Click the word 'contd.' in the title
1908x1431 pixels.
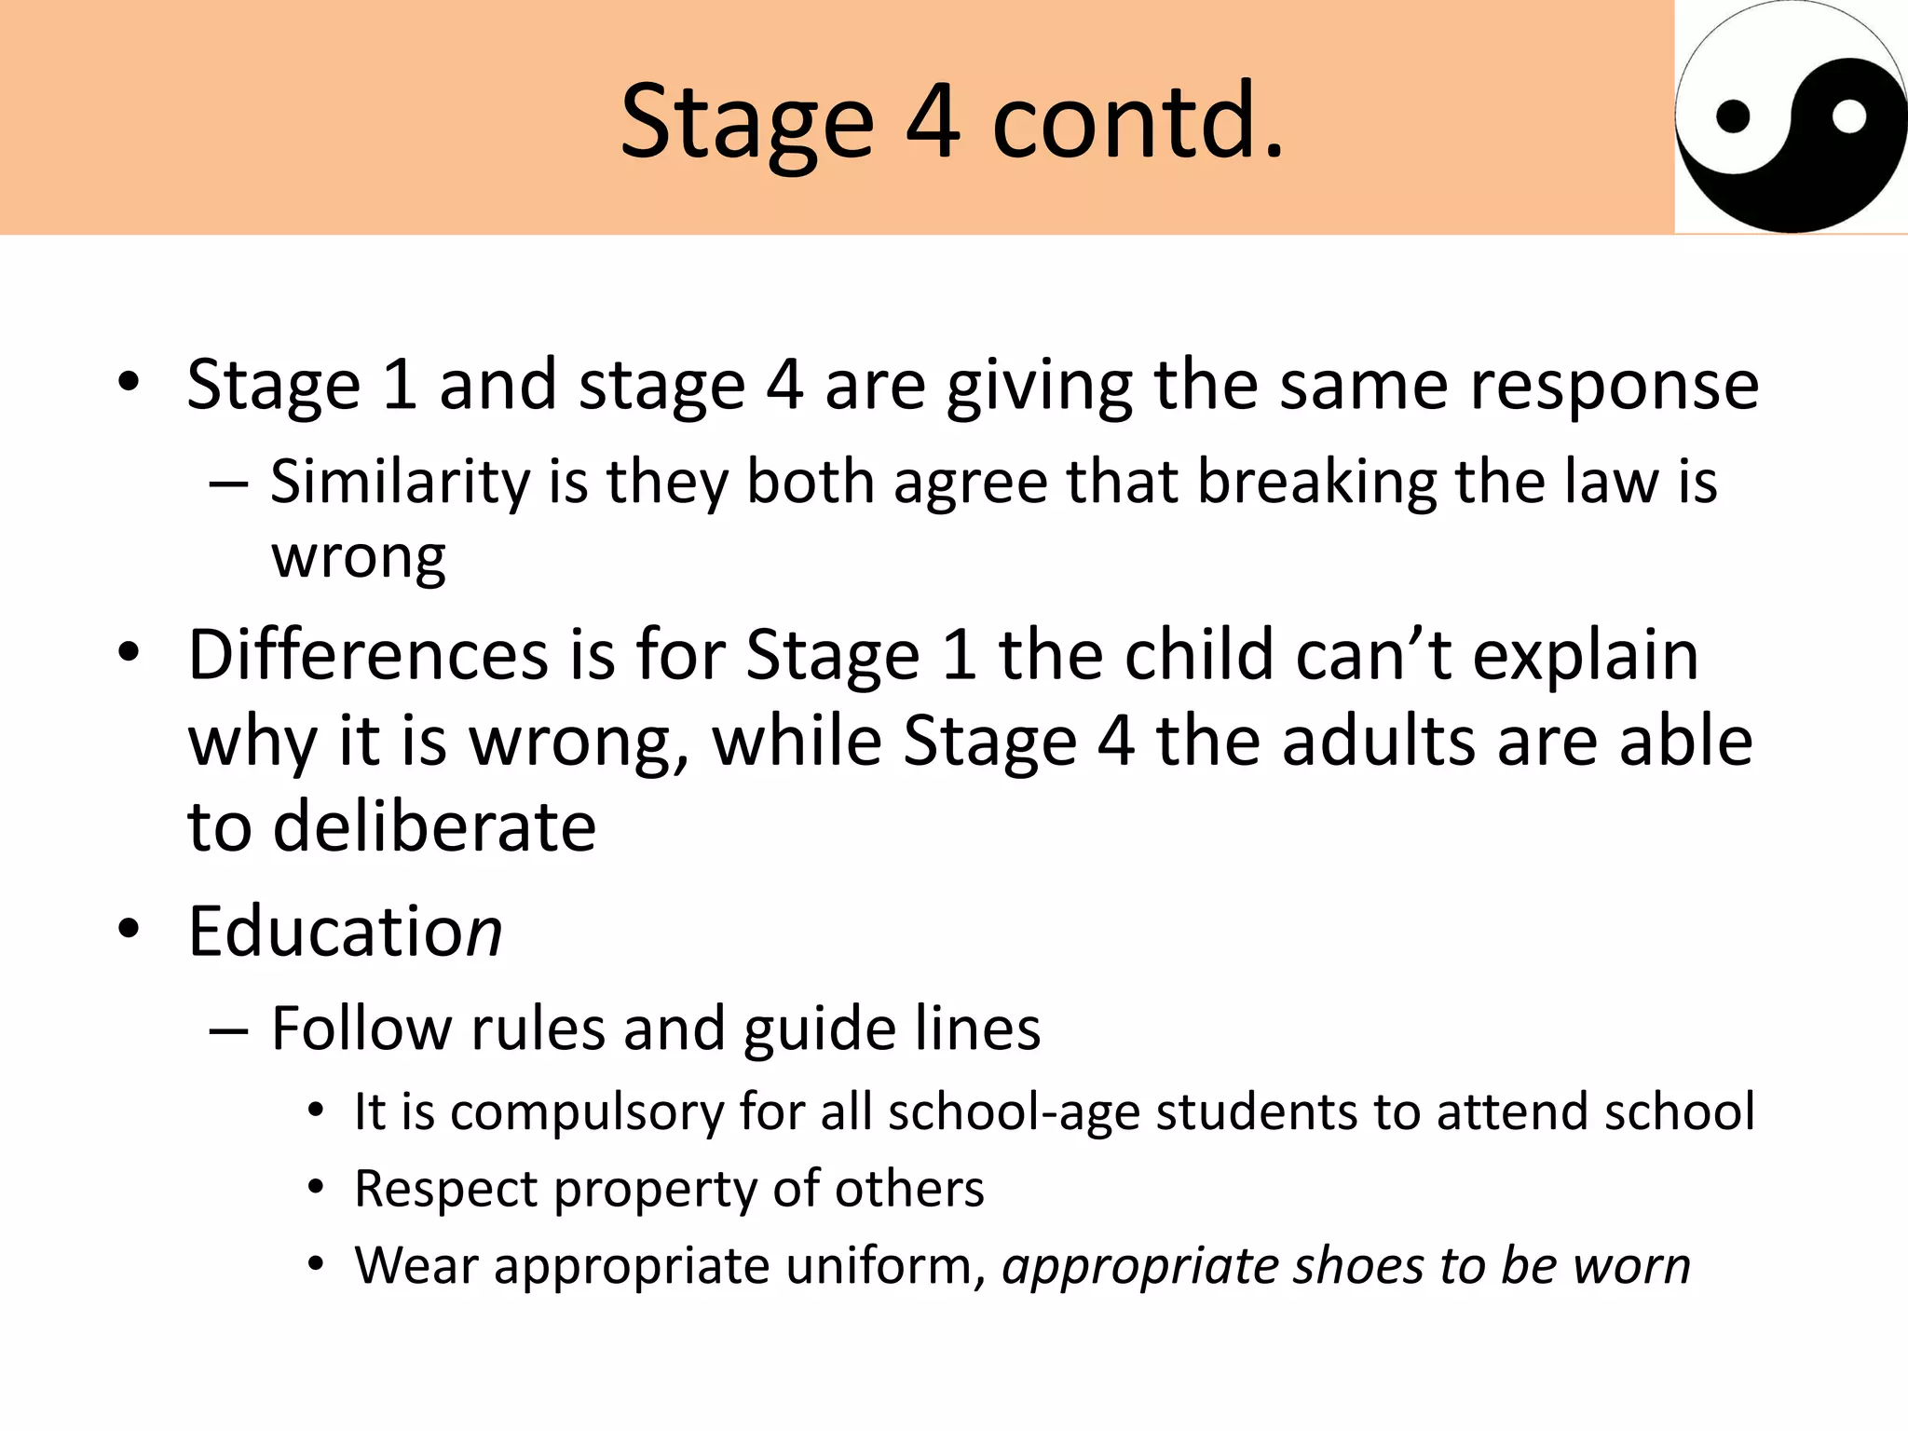pyautogui.click(x=1138, y=121)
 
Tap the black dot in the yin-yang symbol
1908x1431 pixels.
pyautogui.click(x=1733, y=117)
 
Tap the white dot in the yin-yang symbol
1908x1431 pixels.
pyautogui.click(x=1848, y=117)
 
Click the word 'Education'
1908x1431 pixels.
pyautogui.click(x=345, y=931)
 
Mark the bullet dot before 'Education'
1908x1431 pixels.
pyautogui.click(x=129, y=929)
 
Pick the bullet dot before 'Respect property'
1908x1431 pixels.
pyautogui.click(x=317, y=1188)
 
